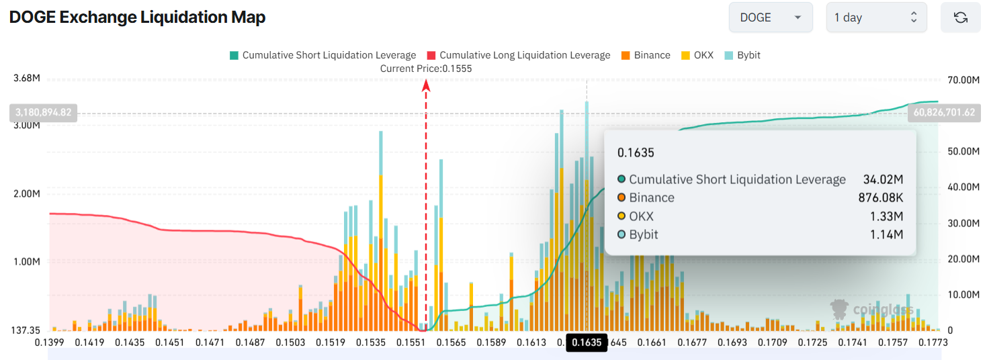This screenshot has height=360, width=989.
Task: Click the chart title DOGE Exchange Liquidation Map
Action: click(x=137, y=17)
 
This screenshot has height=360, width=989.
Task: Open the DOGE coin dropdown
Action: click(x=770, y=17)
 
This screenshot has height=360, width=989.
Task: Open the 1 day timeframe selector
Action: click(x=875, y=17)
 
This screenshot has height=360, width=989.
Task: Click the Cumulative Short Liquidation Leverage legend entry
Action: click(x=322, y=55)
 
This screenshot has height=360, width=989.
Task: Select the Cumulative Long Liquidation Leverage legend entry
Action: click(x=518, y=55)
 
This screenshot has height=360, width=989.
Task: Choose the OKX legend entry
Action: click(x=697, y=55)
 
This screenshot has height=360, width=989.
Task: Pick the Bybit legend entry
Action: click(x=742, y=55)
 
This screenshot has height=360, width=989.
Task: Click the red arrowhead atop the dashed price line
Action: click(x=425, y=84)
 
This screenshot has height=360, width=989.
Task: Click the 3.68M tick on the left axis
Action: click(x=27, y=79)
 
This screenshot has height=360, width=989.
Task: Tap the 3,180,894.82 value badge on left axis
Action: click(x=42, y=113)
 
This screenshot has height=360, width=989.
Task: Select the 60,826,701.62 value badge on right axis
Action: click(x=943, y=113)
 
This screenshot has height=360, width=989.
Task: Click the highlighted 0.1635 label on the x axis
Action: click(x=587, y=343)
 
